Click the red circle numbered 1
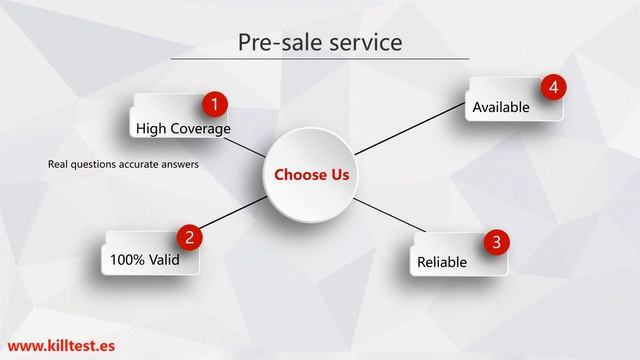pyautogui.click(x=213, y=103)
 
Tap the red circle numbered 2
pyautogui.click(x=187, y=237)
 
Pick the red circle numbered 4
pyautogui.click(x=553, y=87)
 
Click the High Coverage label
pyautogui.click(x=183, y=129)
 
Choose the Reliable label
pyautogui.click(x=441, y=263)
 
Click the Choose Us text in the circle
pyautogui.click(x=312, y=175)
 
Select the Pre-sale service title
pyautogui.click(x=320, y=42)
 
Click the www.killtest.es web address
pyautogui.click(x=60, y=341)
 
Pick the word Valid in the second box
pyautogui.click(x=166, y=259)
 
